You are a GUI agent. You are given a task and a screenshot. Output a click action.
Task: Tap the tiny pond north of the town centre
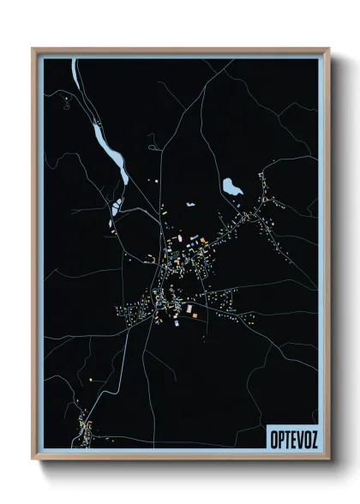click(x=189, y=206)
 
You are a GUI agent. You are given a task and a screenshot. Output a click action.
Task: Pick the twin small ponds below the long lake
click(x=114, y=207)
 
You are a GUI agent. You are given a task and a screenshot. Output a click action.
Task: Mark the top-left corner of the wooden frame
click(x=33, y=49)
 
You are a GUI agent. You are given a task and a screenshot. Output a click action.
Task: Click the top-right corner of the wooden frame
click(x=328, y=49)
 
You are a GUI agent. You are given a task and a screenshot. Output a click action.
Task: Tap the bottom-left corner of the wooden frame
click(x=33, y=459)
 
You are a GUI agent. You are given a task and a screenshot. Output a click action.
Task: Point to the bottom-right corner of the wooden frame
click(x=328, y=459)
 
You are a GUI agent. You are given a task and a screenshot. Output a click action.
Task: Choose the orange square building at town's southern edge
click(x=195, y=315)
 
